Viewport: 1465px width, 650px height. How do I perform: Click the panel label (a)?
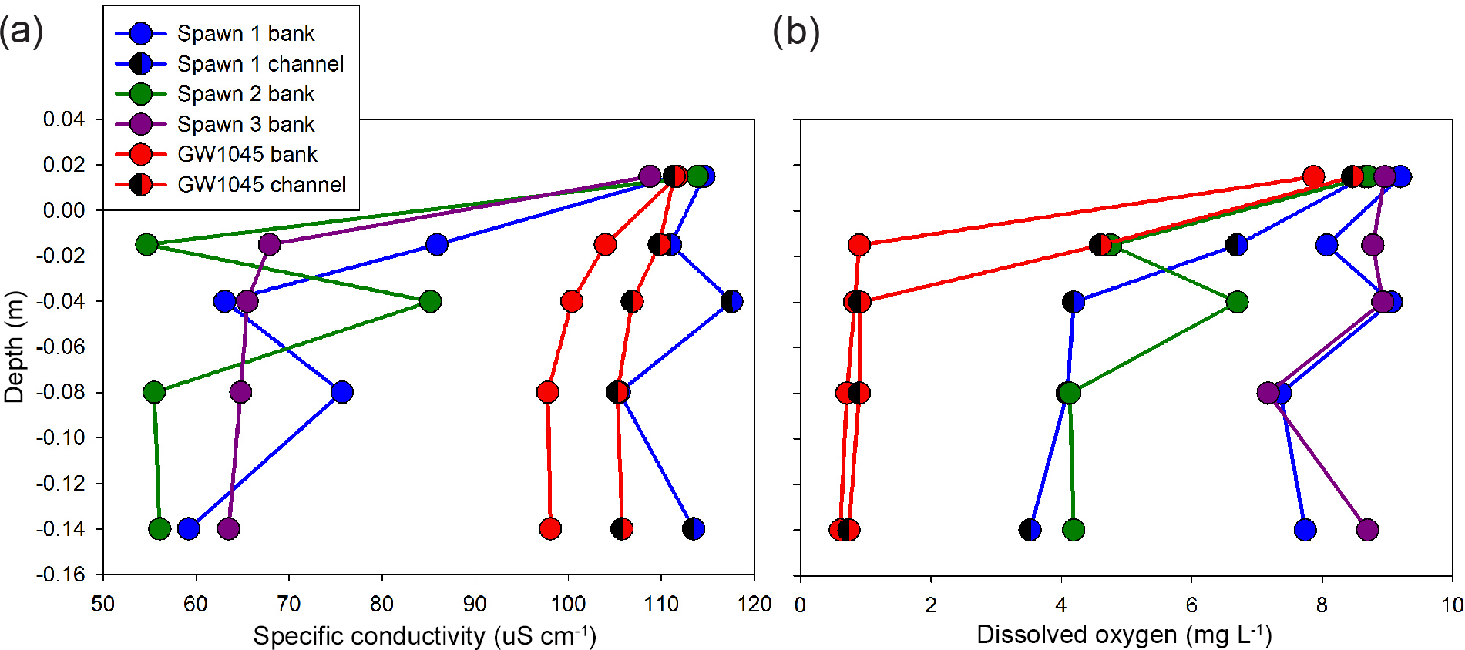[x=21, y=32]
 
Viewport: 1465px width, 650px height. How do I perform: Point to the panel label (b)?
[x=795, y=32]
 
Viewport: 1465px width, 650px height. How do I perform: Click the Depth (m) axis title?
[x=15, y=347]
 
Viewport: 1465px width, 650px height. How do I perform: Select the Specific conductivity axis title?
[x=425, y=635]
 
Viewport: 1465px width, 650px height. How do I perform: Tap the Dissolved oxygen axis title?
[x=1124, y=635]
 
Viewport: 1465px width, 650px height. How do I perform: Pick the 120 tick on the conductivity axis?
[x=754, y=605]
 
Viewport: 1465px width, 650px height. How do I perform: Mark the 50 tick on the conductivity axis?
[x=102, y=605]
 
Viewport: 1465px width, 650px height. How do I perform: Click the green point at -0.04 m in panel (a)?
[x=430, y=301]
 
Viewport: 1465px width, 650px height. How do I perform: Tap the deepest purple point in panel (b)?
[x=1367, y=530]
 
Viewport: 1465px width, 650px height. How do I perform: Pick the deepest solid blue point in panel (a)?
[x=188, y=529]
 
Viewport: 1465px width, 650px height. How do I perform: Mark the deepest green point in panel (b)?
[x=1073, y=530]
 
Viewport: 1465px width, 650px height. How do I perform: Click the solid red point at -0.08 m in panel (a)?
[x=547, y=392]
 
